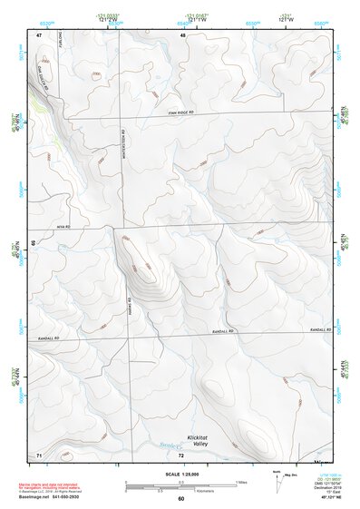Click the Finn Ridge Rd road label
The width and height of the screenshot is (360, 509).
click(181, 112)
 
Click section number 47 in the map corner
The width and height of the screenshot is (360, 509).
click(39, 34)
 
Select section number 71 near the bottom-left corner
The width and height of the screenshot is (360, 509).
click(39, 453)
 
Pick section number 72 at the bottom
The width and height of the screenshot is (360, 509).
click(181, 453)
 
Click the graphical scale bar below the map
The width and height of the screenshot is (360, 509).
click(181, 484)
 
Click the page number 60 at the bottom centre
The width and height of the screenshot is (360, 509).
click(180, 499)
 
